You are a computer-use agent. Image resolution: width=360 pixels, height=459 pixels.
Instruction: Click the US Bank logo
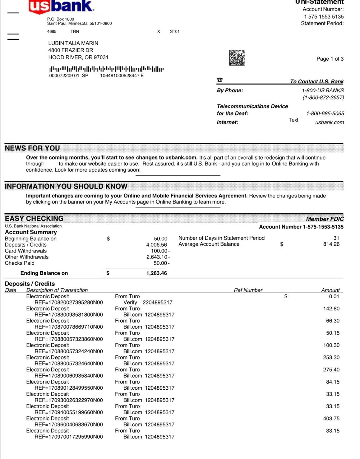[x=61, y=7]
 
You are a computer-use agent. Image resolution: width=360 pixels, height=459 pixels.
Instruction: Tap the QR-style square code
[x=237, y=58]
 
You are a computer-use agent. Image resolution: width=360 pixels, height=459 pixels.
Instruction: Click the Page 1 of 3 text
[x=330, y=59]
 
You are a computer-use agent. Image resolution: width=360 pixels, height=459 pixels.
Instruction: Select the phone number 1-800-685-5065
[x=325, y=114]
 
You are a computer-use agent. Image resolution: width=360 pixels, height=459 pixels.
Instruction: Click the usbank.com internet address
[x=330, y=122]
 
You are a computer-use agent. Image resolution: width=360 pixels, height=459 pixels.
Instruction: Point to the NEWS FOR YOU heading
[x=32, y=148]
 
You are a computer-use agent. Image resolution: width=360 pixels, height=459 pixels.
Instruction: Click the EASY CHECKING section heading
[x=34, y=218]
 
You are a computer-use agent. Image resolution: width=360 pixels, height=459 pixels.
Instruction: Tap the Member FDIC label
[x=325, y=219]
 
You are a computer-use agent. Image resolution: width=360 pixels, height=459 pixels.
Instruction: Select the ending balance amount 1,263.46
[x=156, y=273]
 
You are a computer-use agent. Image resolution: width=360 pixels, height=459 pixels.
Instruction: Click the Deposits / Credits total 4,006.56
[x=156, y=245]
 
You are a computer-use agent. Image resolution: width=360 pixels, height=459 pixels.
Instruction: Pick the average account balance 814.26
[x=331, y=244]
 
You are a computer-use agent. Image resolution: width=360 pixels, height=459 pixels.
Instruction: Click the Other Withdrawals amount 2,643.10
[x=157, y=257]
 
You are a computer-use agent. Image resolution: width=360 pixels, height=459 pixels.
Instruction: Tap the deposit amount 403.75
[x=331, y=419]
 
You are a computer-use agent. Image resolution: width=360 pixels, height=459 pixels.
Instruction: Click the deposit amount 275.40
[x=331, y=370]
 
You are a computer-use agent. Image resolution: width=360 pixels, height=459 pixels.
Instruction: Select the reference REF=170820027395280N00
[x=69, y=302]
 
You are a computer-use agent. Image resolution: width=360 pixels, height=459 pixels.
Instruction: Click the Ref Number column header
[x=248, y=290]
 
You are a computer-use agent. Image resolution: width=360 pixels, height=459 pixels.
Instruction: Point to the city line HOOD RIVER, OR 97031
[x=78, y=57]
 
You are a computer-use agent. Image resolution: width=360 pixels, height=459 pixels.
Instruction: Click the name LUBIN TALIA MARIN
[x=73, y=43]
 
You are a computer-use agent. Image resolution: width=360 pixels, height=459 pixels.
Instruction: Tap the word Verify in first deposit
[x=130, y=302]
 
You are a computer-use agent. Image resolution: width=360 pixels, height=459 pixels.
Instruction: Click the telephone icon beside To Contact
[x=220, y=80]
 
